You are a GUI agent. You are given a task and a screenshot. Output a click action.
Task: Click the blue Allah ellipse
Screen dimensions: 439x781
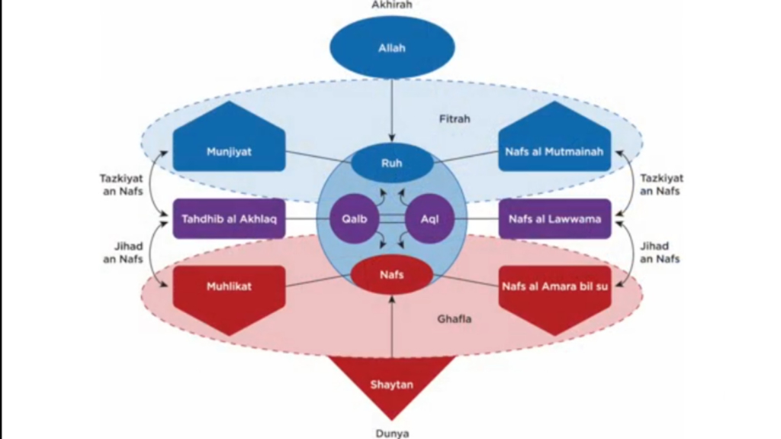coord(391,48)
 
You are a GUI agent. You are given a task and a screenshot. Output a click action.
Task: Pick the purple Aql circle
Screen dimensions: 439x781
coord(429,219)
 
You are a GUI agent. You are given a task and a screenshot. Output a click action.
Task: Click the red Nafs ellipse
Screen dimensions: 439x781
coord(391,275)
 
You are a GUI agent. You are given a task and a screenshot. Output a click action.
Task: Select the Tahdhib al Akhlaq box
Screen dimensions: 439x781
coord(229,219)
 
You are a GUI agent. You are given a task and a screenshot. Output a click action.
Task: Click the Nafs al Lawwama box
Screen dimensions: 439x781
coord(554,219)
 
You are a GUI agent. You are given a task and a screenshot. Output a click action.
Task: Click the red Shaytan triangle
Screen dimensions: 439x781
coord(391,382)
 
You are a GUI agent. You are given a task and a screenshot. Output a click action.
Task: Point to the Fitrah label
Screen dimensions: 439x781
coord(455,119)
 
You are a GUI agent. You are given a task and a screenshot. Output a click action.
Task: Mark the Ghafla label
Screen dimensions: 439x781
coord(455,318)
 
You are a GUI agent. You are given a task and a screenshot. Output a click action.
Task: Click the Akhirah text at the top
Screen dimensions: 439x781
coord(391,5)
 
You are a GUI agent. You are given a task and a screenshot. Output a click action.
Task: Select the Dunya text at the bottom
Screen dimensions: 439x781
coord(391,433)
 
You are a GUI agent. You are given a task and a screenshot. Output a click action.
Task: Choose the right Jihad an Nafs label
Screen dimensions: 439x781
coord(654,252)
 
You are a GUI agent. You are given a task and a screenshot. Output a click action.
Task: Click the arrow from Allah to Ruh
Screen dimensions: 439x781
coord(391,107)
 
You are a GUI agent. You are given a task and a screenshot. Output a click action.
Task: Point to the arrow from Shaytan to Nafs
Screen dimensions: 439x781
coord(391,328)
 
